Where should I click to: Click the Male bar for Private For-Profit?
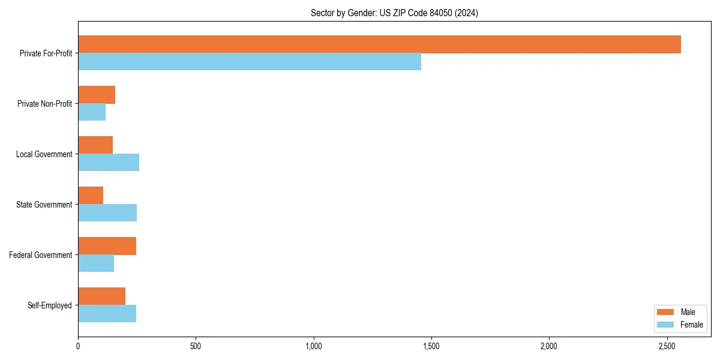tap(379, 44)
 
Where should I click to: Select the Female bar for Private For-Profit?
tap(250, 62)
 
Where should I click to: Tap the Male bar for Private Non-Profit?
tap(97, 95)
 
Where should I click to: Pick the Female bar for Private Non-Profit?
tap(92, 112)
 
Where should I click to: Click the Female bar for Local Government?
tap(109, 163)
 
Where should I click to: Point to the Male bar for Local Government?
tap(95, 145)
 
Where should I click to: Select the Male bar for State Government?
tap(91, 196)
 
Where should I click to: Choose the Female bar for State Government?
tap(107, 213)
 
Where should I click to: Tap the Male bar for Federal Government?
tap(107, 246)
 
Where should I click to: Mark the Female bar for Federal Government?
tap(96, 263)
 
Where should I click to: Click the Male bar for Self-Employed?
tap(101, 296)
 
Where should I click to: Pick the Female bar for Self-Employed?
tap(107, 314)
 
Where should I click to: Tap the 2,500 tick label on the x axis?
tap(667, 346)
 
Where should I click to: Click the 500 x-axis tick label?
tap(196, 346)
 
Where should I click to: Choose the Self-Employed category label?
tap(50, 305)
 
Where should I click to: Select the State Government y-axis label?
tap(44, 205)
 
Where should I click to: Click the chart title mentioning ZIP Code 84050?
tap(394, 13)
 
